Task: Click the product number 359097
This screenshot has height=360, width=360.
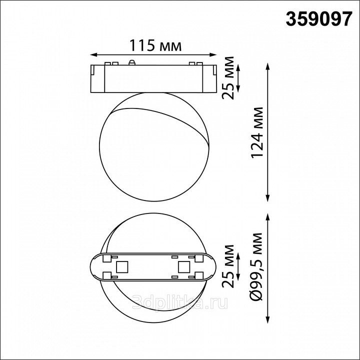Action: tap(319, 19)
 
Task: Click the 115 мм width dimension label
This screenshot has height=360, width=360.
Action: tap(155, 45)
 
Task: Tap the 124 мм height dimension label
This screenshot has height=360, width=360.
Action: tap(257, 132)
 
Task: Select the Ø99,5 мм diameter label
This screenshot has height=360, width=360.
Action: tap(256, 266)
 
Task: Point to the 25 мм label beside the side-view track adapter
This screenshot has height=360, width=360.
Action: tap(228, 78)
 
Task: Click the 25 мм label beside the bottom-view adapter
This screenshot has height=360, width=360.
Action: tap(228, 266)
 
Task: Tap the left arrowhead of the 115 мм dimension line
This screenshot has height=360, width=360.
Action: tap(93, 55)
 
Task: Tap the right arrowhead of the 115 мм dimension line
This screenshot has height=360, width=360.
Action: tap(214, 55)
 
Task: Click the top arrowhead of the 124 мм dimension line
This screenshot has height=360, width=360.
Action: tap(267, 66)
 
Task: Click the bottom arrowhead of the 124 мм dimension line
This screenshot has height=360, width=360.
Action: tap(267, 198)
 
